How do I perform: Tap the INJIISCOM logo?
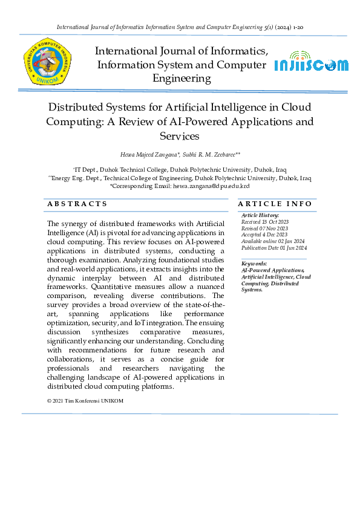(x=312, y=65)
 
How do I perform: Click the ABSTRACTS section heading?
(x=77, y=204)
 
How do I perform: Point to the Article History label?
(x=260, y=215)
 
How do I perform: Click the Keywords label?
(x=254, y=264)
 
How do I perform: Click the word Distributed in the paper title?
(x=80, y=107)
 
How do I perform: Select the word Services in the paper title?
(x=180, y=136)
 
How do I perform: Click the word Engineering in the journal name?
(x=182, y=79)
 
